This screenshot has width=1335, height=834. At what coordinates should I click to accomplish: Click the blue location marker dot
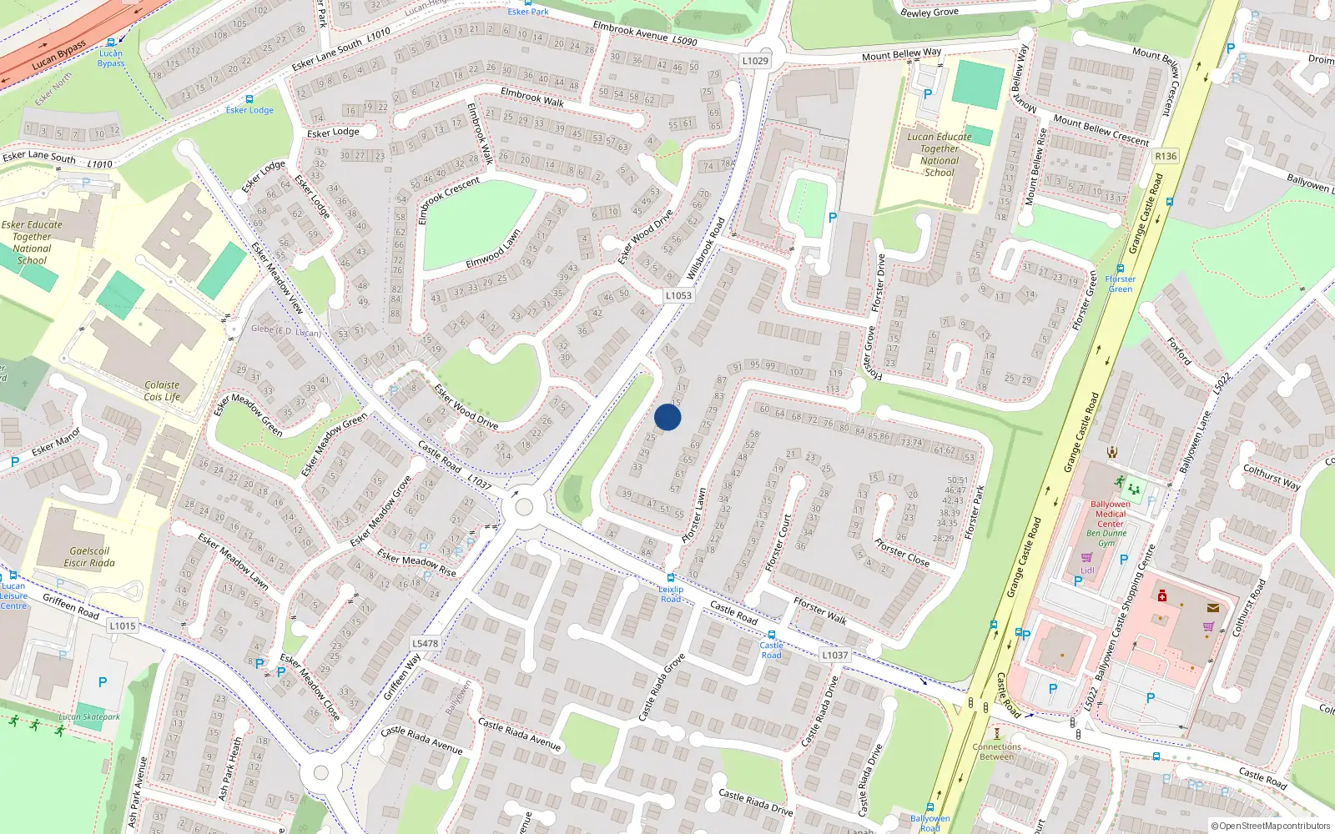667,417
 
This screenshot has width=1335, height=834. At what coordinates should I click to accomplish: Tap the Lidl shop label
1087,570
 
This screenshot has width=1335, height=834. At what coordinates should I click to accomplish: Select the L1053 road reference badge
678,295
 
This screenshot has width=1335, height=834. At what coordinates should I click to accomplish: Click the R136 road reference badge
1166,156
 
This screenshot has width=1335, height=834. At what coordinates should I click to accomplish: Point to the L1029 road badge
755,60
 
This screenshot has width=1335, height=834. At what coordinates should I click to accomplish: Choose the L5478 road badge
425,643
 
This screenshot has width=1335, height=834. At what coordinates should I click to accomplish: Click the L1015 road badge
122,625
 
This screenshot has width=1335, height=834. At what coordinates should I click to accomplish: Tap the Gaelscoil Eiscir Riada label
89,557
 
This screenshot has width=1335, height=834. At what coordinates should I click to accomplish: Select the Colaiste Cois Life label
162,391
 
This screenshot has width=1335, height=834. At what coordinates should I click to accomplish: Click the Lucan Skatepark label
89,716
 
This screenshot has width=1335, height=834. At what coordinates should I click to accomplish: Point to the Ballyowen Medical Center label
1111,514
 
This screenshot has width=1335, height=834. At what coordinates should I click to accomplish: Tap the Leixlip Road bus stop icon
671,578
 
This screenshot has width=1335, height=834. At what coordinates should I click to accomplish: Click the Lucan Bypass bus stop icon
111,43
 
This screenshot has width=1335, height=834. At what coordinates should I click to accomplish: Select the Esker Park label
528,11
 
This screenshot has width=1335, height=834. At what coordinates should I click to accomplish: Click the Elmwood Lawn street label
492,249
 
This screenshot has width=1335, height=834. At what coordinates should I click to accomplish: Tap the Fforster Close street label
902,552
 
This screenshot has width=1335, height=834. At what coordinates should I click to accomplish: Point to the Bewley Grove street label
929,12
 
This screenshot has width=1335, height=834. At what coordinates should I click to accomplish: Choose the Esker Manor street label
56,442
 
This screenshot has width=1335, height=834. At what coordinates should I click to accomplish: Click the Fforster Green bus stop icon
1120,269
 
